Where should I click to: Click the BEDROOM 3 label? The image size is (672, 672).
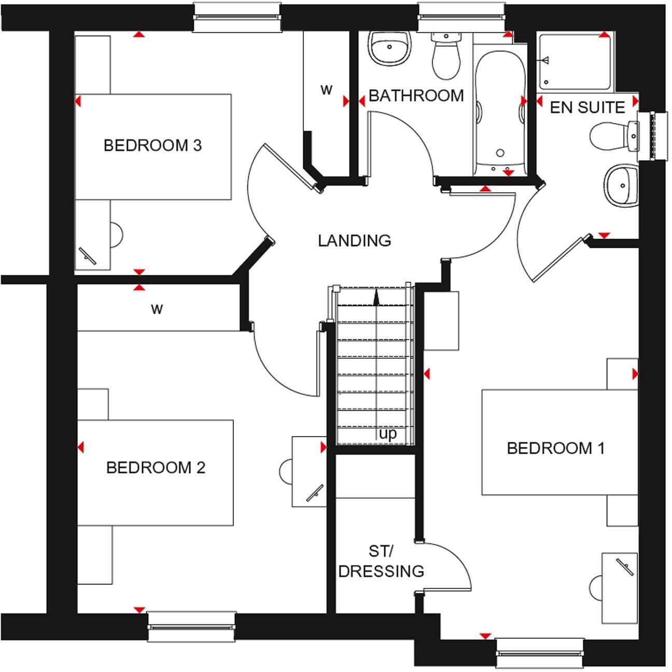[152, 145]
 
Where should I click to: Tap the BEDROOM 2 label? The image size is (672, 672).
[156, 468]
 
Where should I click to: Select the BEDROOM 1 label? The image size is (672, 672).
[555, 448]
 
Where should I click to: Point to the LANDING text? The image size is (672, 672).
[354, 241]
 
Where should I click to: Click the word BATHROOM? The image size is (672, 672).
[416, 96]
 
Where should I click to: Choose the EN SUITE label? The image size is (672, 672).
[587, 107]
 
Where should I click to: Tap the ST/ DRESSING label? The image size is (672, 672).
[381, 561]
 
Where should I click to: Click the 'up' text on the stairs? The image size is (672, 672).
[387, 433]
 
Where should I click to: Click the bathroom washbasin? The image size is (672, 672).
[390, 49]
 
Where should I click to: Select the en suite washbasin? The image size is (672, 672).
[621, 185]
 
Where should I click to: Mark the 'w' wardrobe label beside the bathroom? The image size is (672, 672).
[326, 90]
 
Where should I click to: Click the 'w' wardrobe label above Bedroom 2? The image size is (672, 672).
[157, 310]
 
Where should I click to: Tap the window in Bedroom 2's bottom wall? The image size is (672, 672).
[191, 620]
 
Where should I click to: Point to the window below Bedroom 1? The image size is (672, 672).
[539, 647]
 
